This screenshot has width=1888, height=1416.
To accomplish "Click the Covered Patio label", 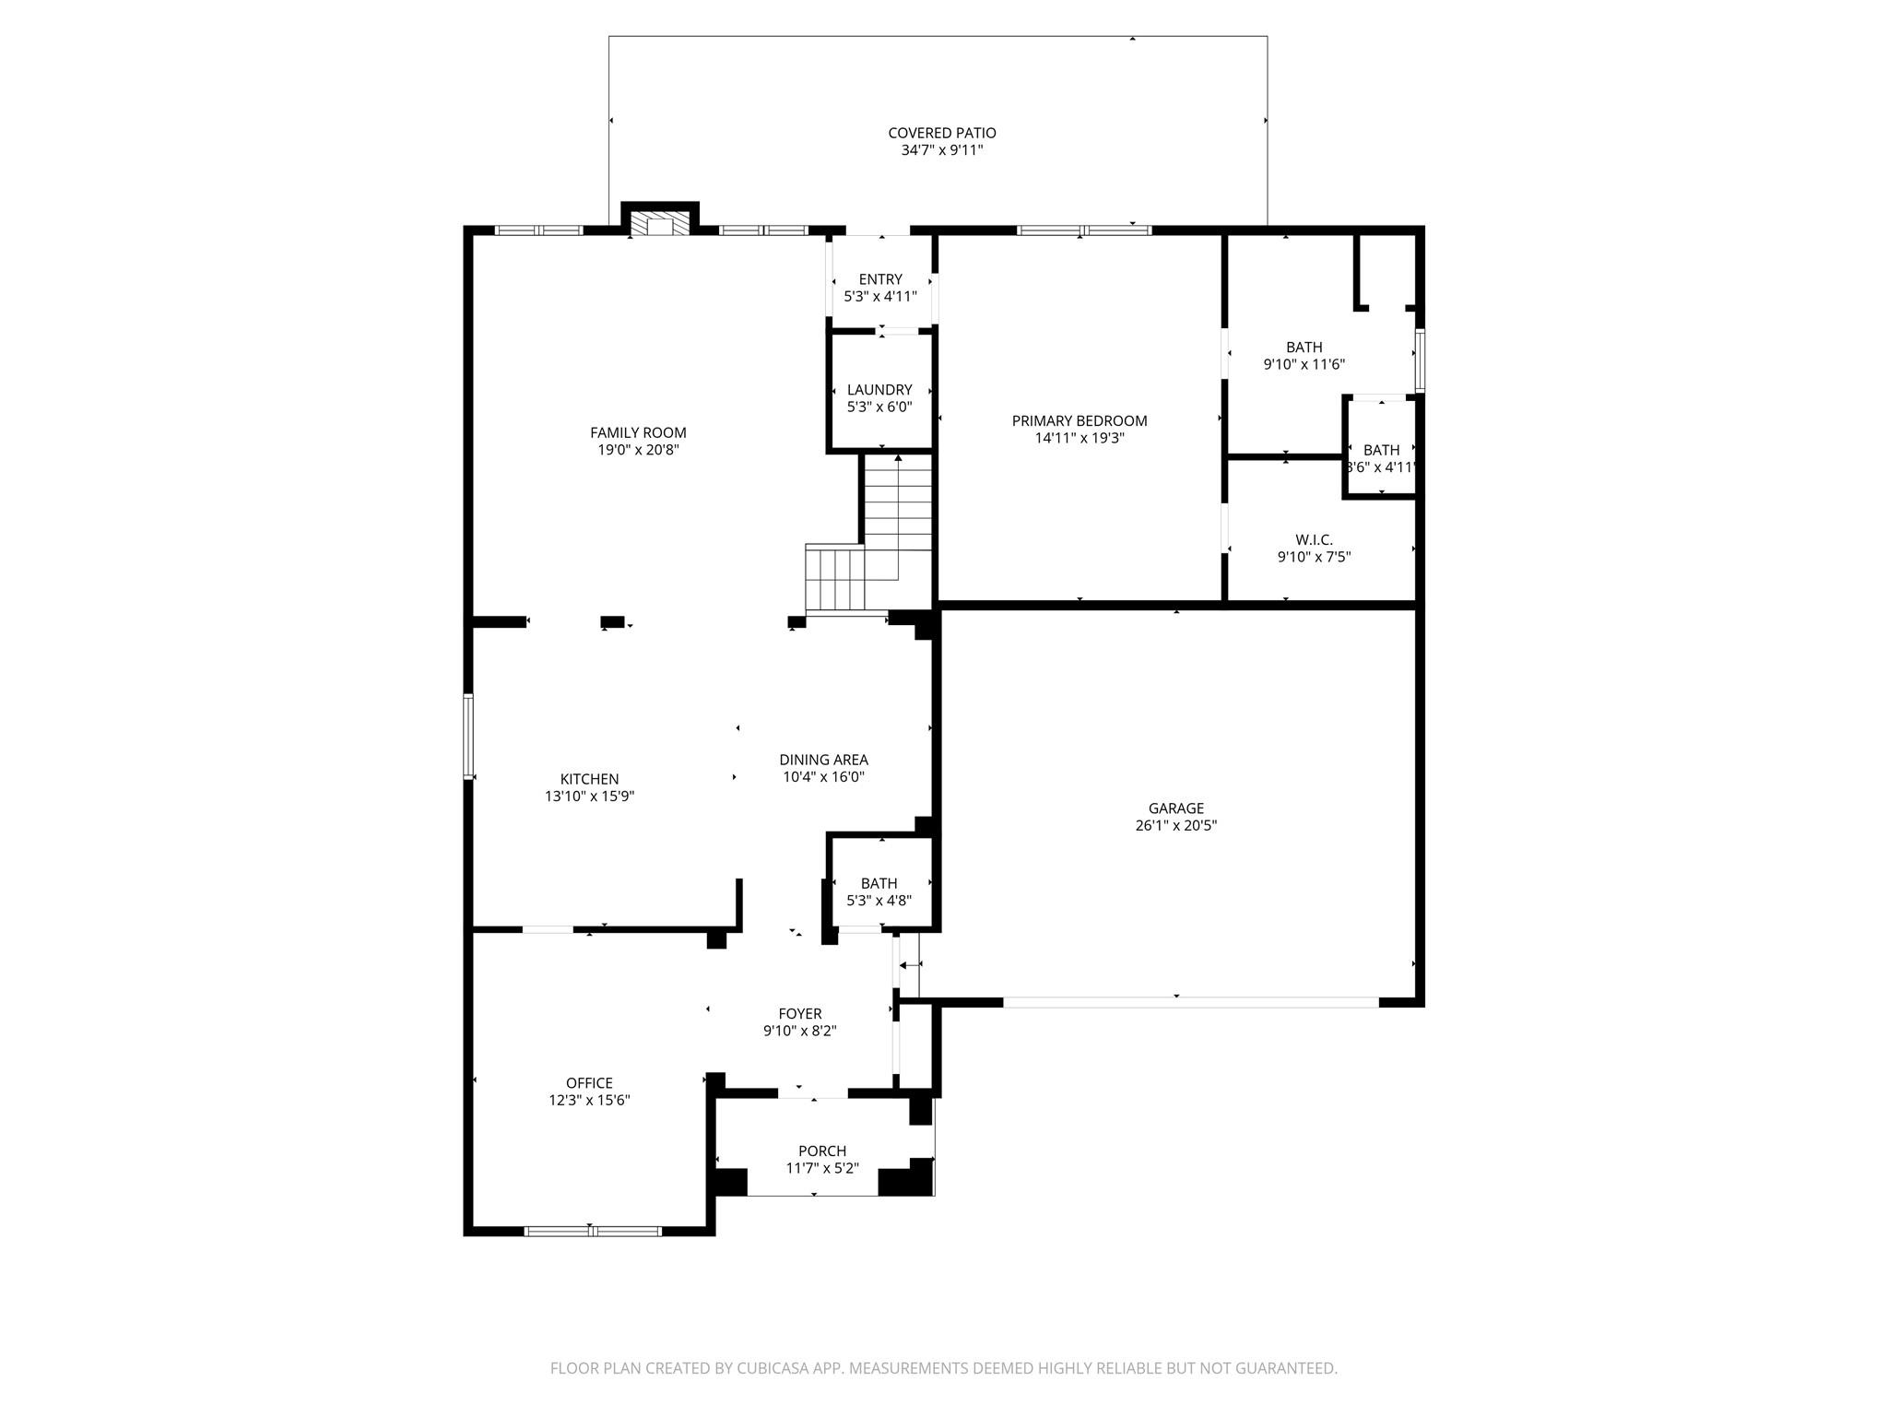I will (x=941, y=133).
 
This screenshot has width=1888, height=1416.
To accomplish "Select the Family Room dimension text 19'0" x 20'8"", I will (x=638, y=450).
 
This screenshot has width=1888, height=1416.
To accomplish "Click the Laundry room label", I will (x=879, y=390).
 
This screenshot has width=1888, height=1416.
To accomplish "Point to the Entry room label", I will (x=880, y=279).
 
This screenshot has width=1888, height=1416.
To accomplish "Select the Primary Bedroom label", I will (x=1080, y=421).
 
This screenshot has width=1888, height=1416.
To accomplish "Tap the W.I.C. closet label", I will (x=1314, y=540).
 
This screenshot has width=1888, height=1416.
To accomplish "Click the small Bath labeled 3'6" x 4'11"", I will (x=1380, y=451).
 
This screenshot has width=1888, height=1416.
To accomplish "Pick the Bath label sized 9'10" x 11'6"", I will (x=1304, y=348).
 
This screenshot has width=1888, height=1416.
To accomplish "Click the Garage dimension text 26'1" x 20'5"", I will (x=1175, y=826).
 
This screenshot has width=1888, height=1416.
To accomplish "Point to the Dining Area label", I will (x=823, y=760).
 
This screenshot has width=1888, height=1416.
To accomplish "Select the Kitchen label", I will (x=589, y=779).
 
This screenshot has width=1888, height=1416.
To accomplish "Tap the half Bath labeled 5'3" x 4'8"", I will (x=879, y=883).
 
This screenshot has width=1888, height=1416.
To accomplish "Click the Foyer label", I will (x=799, y=1014).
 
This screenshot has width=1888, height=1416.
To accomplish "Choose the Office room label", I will (x=589, y=1083).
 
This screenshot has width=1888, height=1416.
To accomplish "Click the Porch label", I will (x=821, y=1150).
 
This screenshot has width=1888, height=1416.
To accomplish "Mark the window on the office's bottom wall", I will (x=593, y=1230).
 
